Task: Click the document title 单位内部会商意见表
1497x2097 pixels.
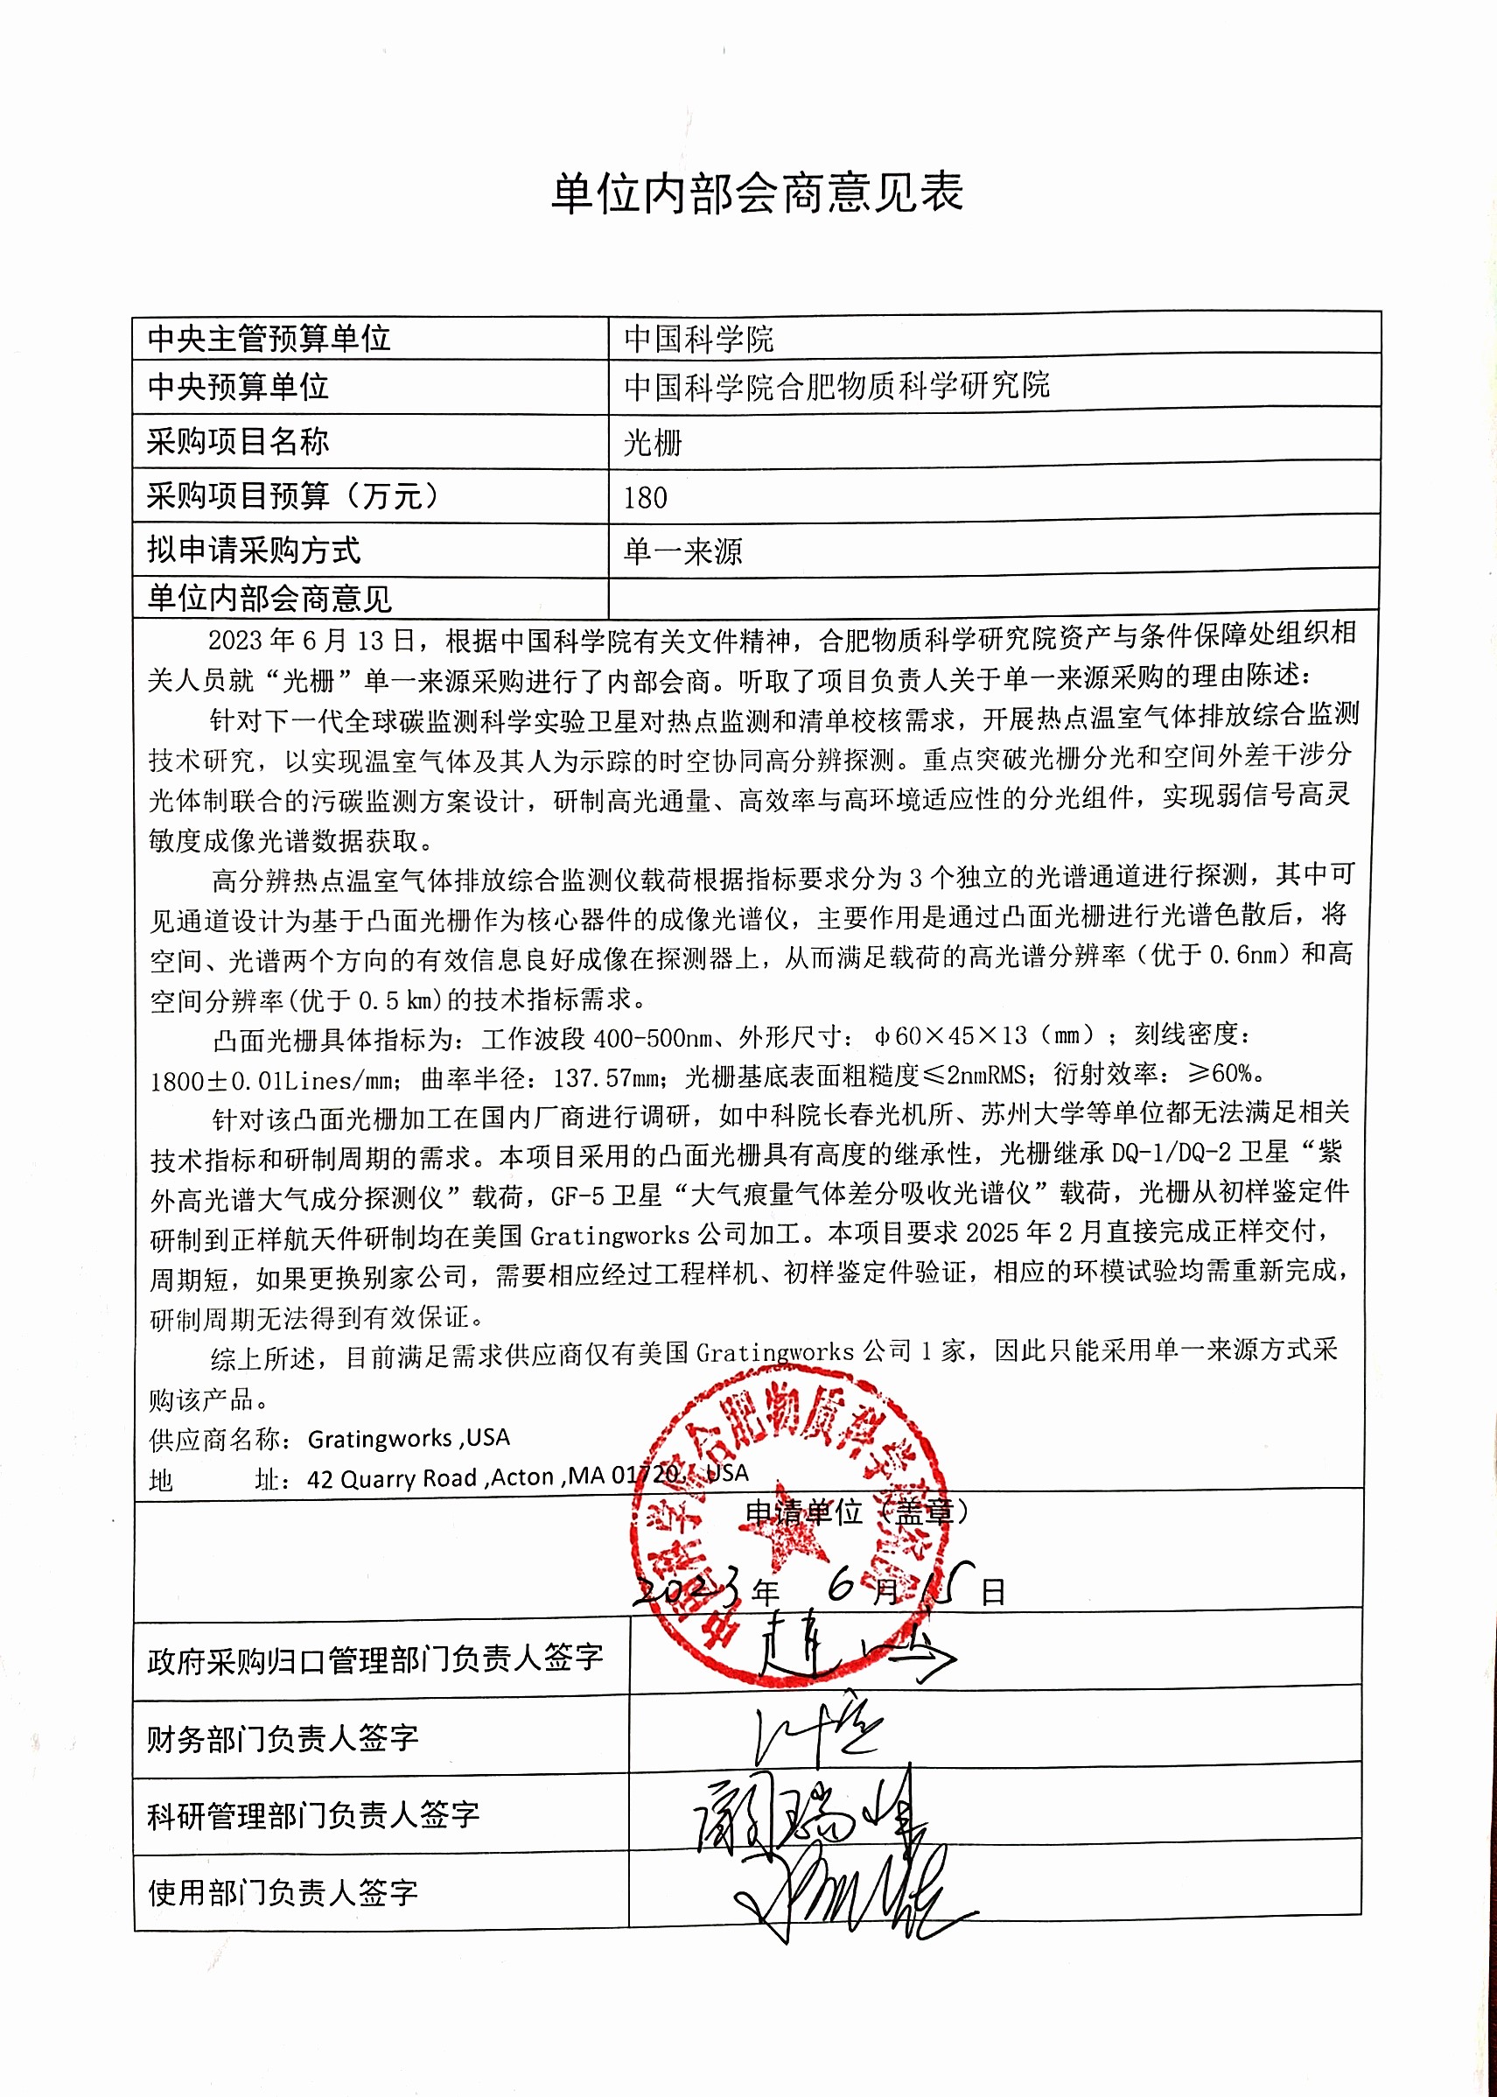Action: coord(757,193)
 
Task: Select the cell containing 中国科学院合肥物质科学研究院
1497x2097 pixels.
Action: coord(836,385)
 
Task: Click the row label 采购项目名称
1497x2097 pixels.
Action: coord(238,442)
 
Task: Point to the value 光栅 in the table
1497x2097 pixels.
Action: coord(653,444)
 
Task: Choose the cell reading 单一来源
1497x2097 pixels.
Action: coord(682,551)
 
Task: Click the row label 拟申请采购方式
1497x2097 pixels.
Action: coord(254,551)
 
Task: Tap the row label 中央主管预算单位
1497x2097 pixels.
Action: coord(269,339)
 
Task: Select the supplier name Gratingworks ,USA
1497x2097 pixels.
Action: coord(409,1439)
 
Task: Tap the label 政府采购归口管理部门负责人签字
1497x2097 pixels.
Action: coord(375,1659)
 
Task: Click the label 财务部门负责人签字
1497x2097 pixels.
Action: coord(282,1738)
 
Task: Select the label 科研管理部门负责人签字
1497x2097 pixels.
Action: coord(313,1815)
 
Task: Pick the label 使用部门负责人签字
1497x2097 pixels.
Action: coord(282,1892)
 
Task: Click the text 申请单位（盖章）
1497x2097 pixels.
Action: coord(857,1512)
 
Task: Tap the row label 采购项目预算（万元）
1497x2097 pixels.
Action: coord(293,496)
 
